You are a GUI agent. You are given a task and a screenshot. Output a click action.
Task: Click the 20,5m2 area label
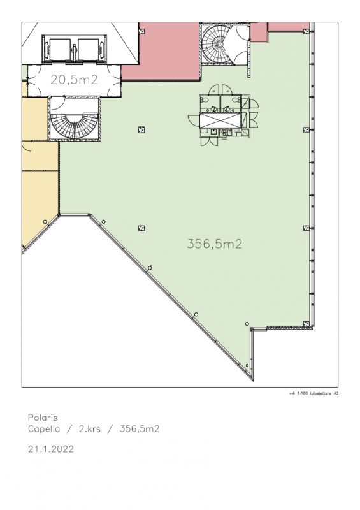[74, 80]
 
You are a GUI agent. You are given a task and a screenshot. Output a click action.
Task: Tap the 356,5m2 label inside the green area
[214, 244]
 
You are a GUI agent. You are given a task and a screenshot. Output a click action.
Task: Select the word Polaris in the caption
[43, 418]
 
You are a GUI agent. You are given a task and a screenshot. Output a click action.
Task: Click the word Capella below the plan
[44, 429]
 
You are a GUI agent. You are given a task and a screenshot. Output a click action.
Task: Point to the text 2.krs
[90, 429]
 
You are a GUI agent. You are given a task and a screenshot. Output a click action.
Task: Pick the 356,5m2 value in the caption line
[140, 429]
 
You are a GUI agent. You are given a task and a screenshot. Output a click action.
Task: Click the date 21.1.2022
[51, 449]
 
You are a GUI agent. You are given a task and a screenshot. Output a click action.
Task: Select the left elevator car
[60, 50]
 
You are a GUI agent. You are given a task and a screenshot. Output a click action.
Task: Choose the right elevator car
[88, 50]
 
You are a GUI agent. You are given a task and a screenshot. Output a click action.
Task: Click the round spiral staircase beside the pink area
[215, 44]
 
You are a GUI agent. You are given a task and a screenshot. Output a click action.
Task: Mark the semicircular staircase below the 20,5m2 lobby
[75, 125]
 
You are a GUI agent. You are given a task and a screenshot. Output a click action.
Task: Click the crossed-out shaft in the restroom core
[220, 120]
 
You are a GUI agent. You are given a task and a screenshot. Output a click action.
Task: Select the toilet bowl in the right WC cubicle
[237, 99]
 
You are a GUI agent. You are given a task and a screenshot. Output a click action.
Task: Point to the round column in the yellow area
[45, 222]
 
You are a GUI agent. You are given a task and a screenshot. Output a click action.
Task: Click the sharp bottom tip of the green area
[253, 380]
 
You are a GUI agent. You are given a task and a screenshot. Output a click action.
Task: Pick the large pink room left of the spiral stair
[161, 52]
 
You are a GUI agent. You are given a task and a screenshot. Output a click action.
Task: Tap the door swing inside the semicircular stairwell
[59, 103]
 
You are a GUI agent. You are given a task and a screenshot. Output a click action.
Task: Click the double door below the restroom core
[209, 141]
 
